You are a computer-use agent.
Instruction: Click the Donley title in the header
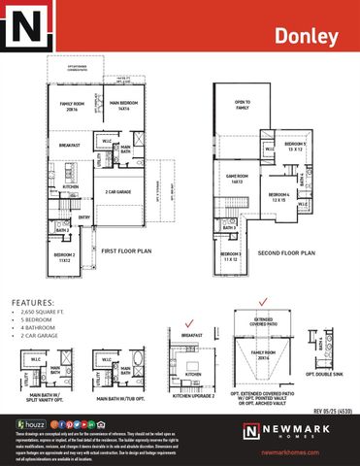pyautogui.click(x=307, y=37)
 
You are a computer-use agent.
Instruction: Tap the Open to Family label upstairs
pyautogui.click(x=242, y=105)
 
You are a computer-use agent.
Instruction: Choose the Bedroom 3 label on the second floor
pyautogui.click(x=230, y=257)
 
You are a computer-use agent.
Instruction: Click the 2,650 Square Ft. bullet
pyautogui.click(x=48, y=315)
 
